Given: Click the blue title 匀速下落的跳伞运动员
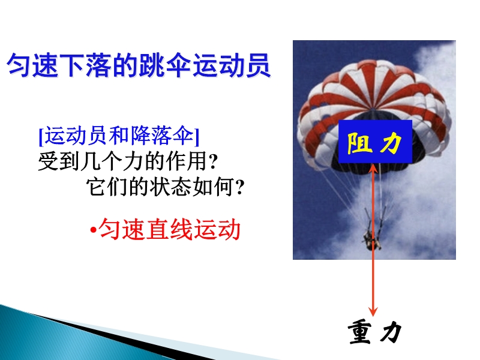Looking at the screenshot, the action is tap(139, 65).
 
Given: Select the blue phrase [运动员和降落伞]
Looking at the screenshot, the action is tap(119, 136).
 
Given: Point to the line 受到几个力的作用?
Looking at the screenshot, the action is tap(128, 161).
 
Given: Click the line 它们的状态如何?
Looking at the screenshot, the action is tap(166, 187).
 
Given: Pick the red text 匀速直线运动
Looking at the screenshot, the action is tap(169, 229).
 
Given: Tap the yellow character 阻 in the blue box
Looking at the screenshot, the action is tap(359, 143).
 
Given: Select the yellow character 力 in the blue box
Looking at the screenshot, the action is tap(391, 143).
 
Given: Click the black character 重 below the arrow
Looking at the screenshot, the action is tap(360, 332).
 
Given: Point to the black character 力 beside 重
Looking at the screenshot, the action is tap(391, 332).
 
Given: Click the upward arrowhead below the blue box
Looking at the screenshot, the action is tap(373, 169).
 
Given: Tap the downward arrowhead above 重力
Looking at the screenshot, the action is tap(373, 311).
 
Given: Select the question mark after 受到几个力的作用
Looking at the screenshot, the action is tap(213, 162).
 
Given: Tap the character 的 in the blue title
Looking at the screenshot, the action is tap(125, 65).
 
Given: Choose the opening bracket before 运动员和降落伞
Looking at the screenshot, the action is tap(41, 137).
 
